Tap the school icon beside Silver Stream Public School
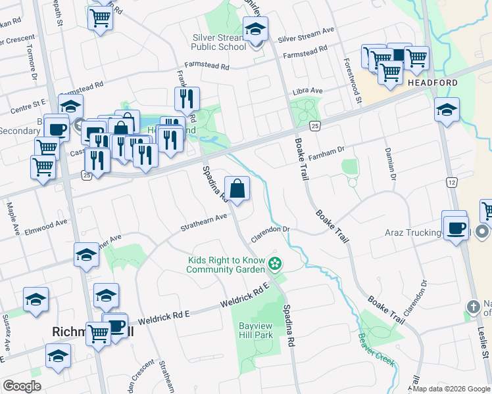(255, 30)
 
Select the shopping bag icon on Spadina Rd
(237, 188)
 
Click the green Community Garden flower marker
(276, 265)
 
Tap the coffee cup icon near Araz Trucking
(455, 228)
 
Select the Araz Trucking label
(413, 232)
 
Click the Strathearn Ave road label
(204, 223)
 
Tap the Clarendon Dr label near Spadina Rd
(270, 233)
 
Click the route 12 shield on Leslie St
(451, 181)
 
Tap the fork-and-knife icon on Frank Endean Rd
(187, 99)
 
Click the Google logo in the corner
(22, 386)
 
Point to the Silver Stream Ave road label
(306, 36)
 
